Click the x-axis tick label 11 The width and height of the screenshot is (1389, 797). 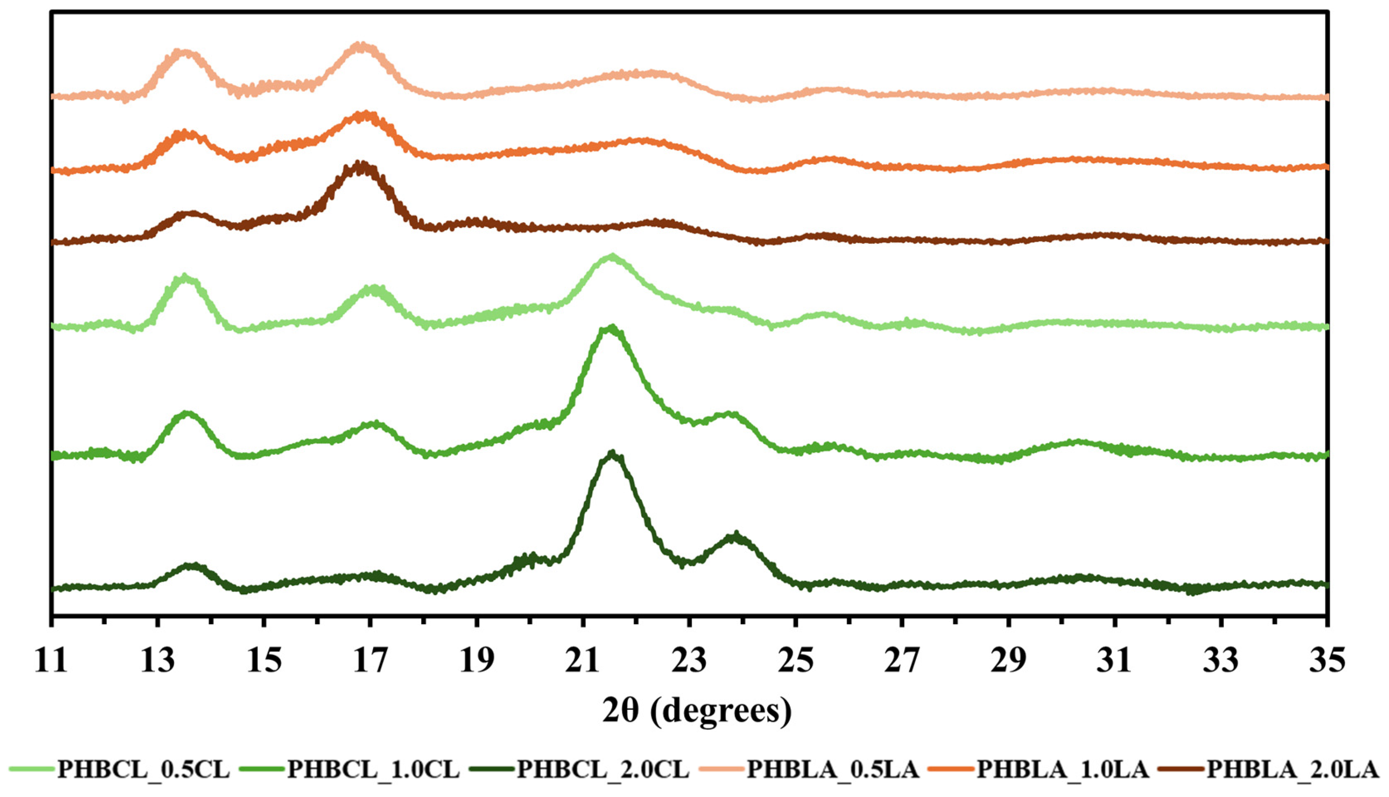coord(51,660)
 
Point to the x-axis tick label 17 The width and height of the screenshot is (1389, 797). coord(371,660)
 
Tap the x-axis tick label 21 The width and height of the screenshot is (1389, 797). coord(584,660)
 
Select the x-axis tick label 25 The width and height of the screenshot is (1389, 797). coord(797,660)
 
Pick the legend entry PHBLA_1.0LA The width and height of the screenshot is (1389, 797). coord(1063,769)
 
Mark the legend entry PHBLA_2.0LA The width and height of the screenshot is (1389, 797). coord(1292,769)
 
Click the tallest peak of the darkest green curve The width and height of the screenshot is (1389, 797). coord(612,454)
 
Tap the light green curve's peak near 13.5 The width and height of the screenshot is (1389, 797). coord(184,276)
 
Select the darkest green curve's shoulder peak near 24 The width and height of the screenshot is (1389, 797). coord(736,535)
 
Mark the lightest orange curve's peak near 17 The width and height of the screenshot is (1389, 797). coord(360,45)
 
